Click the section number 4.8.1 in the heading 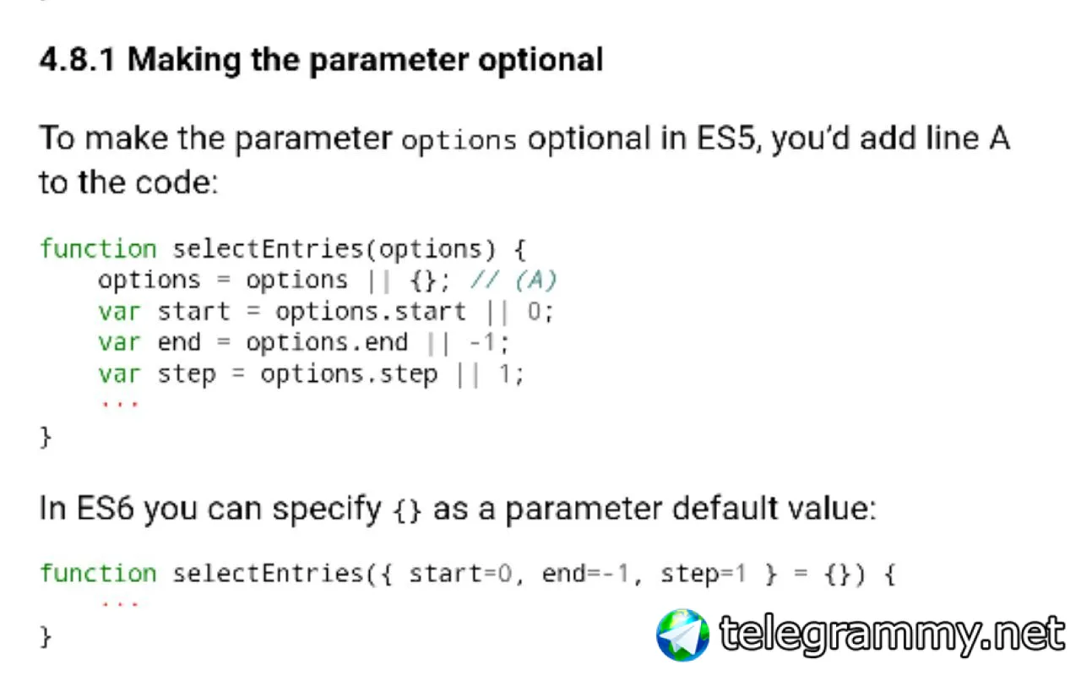77,60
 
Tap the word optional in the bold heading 540,62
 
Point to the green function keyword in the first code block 99,249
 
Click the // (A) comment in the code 513,280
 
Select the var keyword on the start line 119,312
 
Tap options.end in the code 327,342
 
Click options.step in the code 349,374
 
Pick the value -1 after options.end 482,343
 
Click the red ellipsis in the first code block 120,404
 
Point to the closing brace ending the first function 46,437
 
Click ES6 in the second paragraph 105,509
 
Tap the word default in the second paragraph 725,509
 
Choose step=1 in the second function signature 703,574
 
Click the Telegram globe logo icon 682,635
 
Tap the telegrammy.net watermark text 892,634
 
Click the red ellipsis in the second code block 120,603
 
